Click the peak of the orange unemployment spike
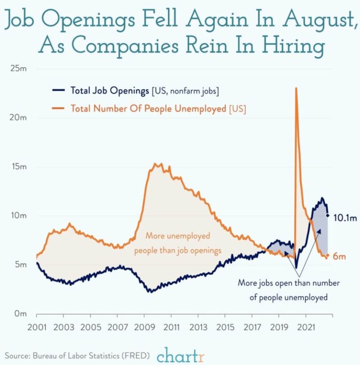click(296, 88)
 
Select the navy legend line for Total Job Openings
click(59, 91)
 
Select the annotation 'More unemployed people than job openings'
click(178, 243)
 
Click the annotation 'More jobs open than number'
click(289, 283)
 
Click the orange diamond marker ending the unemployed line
click(328, 256)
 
